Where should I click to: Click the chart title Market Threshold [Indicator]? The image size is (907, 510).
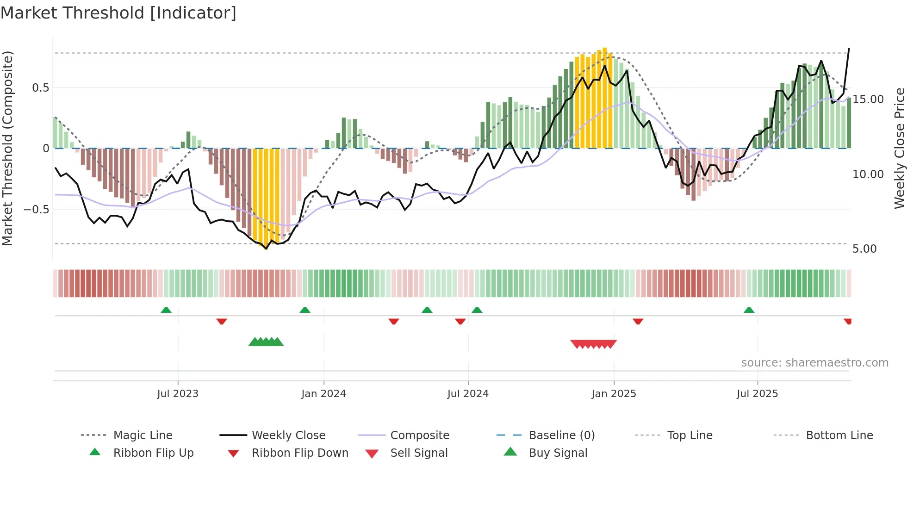tap(118, 13)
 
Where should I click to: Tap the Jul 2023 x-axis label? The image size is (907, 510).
tap(178, 394)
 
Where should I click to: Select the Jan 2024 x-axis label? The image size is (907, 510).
tap(323, 394)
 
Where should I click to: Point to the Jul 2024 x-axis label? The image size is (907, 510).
tap(468, 394)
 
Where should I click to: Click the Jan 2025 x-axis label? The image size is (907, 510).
tap(614, 394)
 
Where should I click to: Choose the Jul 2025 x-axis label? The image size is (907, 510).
tap(757, 394)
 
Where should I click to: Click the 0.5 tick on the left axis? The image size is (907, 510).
tap(40, 88)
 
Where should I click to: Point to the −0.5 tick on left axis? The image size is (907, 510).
tap(37, 210)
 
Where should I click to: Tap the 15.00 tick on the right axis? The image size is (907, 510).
tap(868, 100)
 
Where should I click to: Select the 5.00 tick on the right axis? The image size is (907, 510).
tap(864, 249)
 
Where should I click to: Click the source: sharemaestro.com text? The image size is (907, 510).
tap(814, 363)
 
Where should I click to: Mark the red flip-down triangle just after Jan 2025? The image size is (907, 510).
tap(638, 322)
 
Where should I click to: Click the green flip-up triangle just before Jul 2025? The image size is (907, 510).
tap(749, 310)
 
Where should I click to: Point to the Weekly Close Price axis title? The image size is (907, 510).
tap(899, 148)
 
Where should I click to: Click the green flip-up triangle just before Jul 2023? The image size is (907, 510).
tap(166, 310)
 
